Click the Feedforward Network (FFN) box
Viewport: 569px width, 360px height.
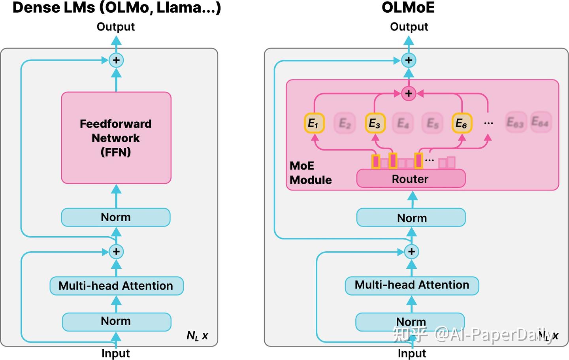coord(116,138)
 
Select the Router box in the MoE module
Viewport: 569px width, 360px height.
coord(411,179)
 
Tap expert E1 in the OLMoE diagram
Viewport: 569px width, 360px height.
coord(314,123)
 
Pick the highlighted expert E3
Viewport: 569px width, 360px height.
coord(375,123)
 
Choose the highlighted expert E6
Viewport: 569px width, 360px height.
coord(462,123)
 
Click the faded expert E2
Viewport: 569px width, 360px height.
coord(345,123)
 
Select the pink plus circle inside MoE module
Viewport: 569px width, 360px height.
coord(409,94)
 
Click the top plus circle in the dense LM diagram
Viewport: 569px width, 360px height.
coord(116,60)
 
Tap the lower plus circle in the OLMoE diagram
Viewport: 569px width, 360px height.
coord(411,252)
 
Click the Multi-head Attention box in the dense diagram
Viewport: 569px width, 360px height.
coord(116,286)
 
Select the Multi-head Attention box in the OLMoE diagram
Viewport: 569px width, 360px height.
coord(412,285)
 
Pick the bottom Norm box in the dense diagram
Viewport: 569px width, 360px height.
coord(116,321)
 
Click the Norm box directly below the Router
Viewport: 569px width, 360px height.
coord(411,218)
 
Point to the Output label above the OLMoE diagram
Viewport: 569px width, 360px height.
coord(409,26)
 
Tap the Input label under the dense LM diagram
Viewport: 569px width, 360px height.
coord(115,353)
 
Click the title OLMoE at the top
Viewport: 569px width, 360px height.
coord(408,8)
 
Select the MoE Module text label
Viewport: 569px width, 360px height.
coord(310,173)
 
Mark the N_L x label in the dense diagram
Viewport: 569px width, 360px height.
coord(197,336)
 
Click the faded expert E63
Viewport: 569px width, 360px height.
coord(515,123)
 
